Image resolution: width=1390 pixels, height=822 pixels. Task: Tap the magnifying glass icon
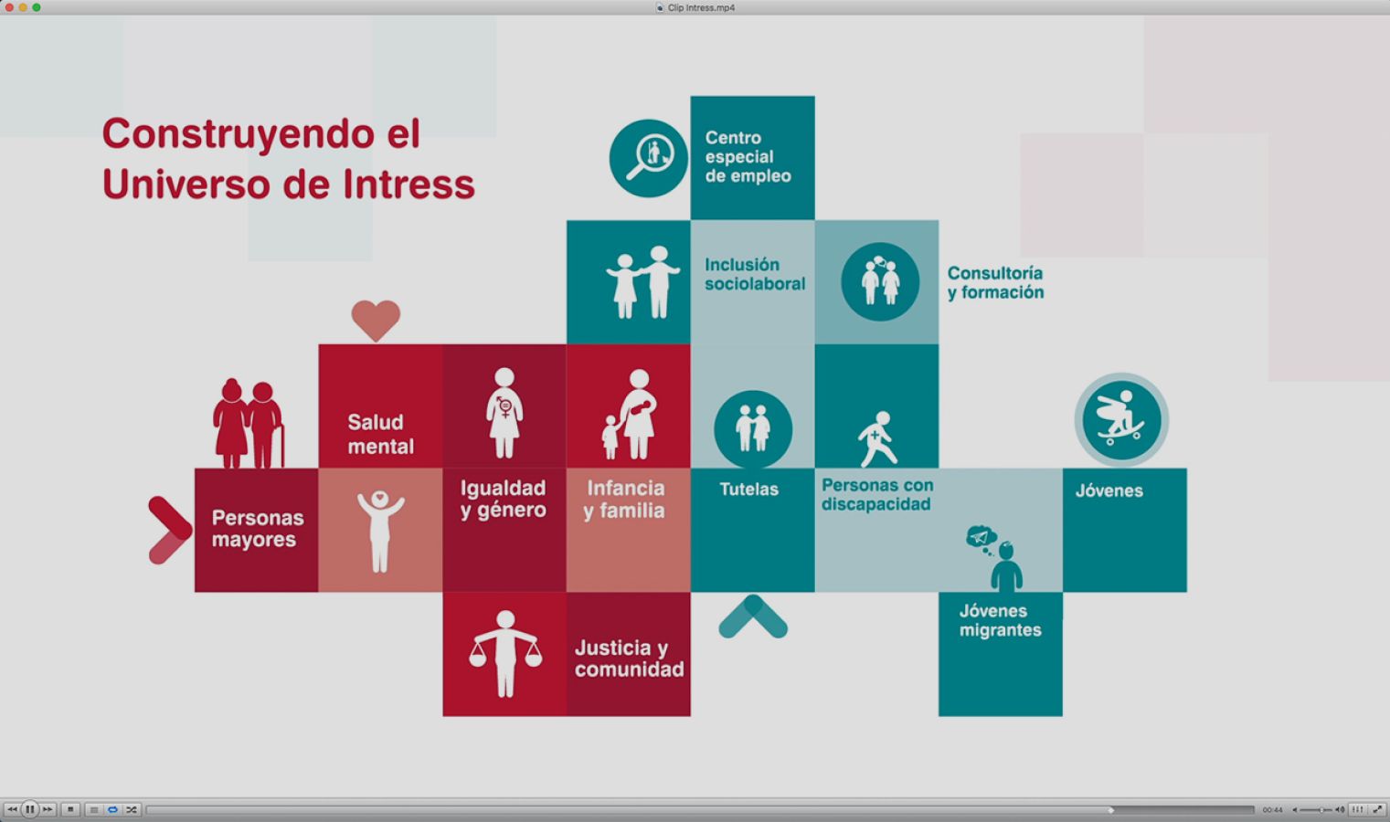tap(649, 158)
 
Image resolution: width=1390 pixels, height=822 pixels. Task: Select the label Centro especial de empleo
tap(748, 157)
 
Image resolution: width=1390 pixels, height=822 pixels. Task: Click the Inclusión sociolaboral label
tap(755, 274)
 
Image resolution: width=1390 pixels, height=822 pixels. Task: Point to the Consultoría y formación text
tap(995, 283)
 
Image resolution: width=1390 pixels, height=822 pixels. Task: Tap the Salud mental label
tap(380, 434)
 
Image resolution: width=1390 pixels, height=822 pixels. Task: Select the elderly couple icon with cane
tap(249, 423)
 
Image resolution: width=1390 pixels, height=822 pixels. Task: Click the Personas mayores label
tap(258, 529)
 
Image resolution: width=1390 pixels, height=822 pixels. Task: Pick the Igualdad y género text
tap(504, 499)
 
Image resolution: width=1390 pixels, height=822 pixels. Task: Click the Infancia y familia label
tap(624, 499)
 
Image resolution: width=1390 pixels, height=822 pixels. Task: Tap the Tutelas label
tap(749, 490)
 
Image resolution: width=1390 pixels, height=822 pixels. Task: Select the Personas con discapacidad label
tap(876, 494)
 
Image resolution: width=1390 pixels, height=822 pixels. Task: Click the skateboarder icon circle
tap(1121, 420)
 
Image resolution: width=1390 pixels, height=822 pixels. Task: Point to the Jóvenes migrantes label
tap(1001, 620)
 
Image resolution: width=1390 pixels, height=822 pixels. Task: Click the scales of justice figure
tap(505, 654)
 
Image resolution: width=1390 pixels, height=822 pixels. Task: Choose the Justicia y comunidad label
tap(630, 659)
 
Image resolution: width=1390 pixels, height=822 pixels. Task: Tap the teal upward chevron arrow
tap(753, 616)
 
